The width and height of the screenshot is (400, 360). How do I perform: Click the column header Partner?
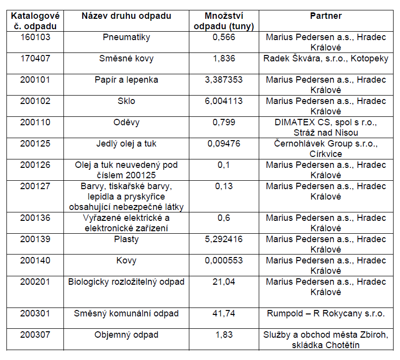click(326, 16)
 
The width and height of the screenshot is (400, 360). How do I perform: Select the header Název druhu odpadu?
click(126, 16)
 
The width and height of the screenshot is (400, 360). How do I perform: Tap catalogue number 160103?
click(35, 37)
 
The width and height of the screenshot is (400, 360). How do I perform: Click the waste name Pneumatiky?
click(126, 37)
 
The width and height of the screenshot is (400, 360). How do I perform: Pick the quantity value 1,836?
click(224, 58)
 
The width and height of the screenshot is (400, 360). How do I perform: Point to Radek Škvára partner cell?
click(326, 58)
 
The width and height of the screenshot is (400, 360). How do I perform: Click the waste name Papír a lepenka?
click(126, 80)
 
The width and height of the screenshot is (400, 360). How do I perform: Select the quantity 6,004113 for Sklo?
click(224, 101)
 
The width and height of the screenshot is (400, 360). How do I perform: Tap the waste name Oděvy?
click(126, 122)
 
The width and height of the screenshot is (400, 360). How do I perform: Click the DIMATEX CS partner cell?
click(326, 127)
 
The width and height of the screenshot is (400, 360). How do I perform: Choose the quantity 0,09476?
click(224, 144)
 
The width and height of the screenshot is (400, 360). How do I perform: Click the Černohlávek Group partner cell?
click(326, 149)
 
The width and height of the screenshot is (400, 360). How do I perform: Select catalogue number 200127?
click(35, 186)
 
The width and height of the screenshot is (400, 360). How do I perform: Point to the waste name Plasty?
click(126, 239)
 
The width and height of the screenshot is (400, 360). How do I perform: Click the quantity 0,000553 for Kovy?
click(224, 260)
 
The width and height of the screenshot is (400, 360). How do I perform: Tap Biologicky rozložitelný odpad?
click(126, 282)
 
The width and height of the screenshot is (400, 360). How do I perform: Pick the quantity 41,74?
click(224, 313)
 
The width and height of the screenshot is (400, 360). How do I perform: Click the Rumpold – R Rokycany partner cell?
click(326, 313)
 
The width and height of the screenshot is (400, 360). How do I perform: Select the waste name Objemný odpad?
click(126, 335)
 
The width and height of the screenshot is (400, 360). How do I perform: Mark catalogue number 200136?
click(35, 218)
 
